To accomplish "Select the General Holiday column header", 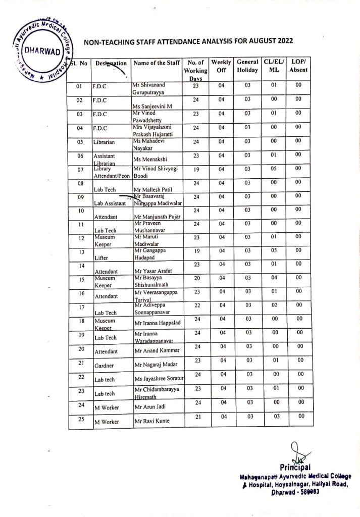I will point(247,66).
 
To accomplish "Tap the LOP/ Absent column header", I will point(298,66).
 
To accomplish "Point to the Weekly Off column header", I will point(221,66).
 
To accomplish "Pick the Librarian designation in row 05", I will point(105,143).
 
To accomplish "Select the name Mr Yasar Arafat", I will point(152,271).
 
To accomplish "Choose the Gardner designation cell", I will point(104,365).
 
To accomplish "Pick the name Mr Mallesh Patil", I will point(153,189).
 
